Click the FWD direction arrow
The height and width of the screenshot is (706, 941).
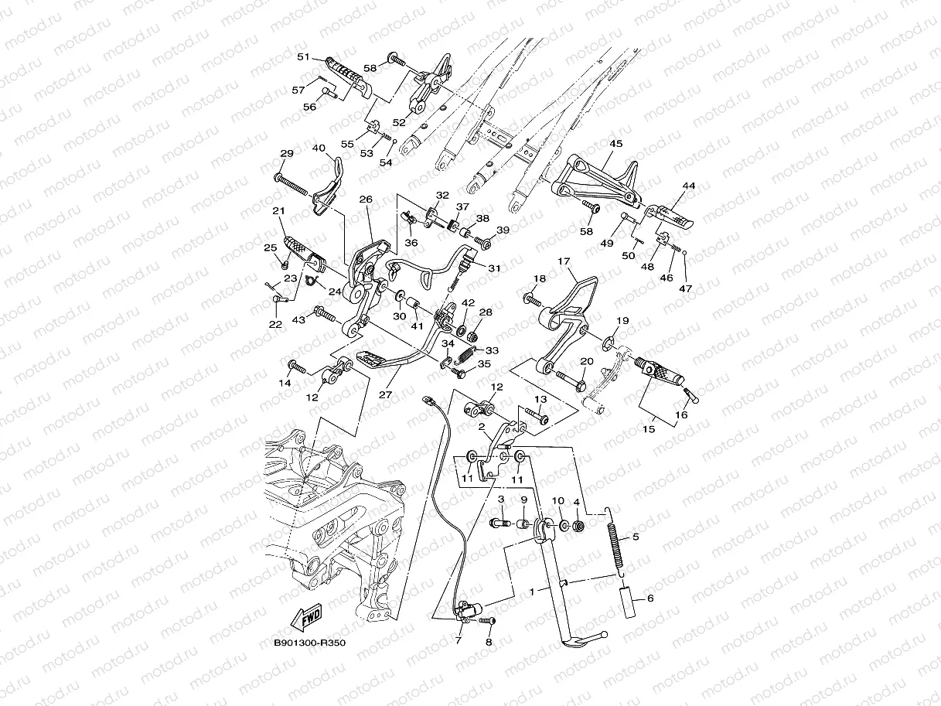pos(307,618)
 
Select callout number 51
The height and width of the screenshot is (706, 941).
pos(302,56)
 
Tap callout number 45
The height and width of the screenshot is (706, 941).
pos(615,144)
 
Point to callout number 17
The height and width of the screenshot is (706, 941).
pos(564,262)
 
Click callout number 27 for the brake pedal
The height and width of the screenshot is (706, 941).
pos(386,394)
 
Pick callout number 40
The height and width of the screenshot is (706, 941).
pos(319,148)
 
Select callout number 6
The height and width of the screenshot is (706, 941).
pos(649,599)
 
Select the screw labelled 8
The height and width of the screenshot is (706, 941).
pos(486,621)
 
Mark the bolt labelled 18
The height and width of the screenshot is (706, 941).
pos(534,297)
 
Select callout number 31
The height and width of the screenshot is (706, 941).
pos(494,268)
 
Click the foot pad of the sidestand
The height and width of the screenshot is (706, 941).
pos(585,640)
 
